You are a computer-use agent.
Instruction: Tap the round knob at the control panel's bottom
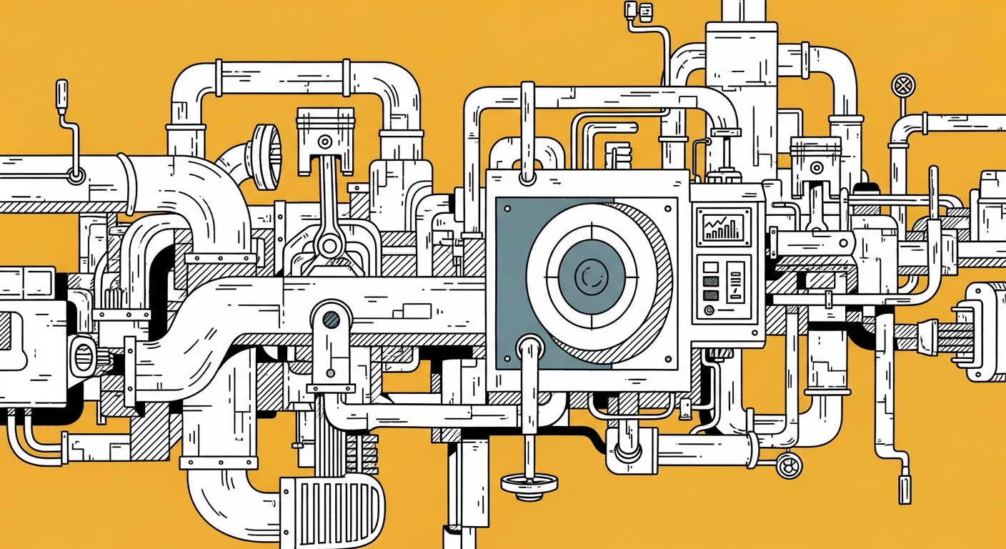(709, 310)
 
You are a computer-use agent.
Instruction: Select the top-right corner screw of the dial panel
(668, 208)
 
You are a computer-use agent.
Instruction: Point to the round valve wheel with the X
(903, 86)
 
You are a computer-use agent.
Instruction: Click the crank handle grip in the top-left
(61, 93)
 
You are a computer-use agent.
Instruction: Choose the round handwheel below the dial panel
(528, 483)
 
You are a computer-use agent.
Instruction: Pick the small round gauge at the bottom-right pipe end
(790, 465)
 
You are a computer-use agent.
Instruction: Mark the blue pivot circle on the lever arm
(331, 319)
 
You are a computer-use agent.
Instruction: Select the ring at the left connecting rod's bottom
(329, 246)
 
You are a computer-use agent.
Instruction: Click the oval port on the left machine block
(84, 354)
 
